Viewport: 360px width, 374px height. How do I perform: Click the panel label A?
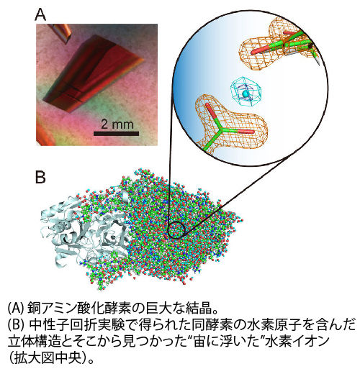pyautogui.click(x=40, y=15)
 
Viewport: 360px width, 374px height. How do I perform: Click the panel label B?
pyautogui.click(x=40, y=177)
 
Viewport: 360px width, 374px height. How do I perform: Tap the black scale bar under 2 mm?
pyautogui.click(x=116, y=134)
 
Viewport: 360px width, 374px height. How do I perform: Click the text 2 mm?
pyautogui.click(x=117, y=124)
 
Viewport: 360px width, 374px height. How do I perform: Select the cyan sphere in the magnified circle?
pyautogui.click(x=246, y=93)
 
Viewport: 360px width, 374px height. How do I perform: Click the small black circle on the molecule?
pyautogui.click(x=176, y=229)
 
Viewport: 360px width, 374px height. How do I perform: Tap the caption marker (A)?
pyautogui.click(x=17, y=309)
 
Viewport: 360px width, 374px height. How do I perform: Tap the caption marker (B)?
pyautogui.click(x=17, y=325)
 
